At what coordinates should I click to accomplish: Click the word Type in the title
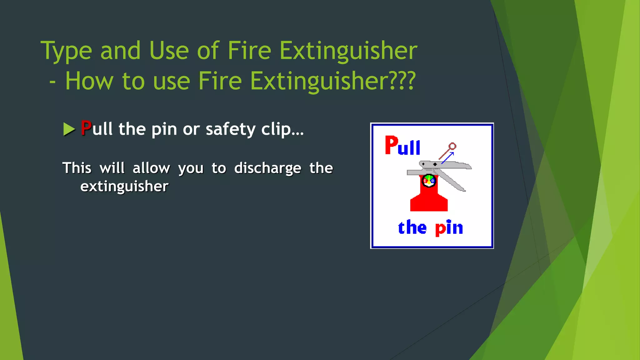(66, 51)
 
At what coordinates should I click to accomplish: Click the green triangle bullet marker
(69, 129)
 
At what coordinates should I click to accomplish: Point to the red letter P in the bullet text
(86, 128)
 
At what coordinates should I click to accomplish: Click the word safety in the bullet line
(231, 129)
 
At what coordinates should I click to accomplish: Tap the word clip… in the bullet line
(282, 129)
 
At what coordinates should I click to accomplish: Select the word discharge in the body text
(268, 168)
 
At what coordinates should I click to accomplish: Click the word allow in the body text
(151, 168)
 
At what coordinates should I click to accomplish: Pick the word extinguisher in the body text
(124, 187)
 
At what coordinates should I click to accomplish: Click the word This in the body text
(77, 168)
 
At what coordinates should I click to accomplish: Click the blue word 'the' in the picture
(412, 227)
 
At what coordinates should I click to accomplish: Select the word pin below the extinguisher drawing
(449, 227)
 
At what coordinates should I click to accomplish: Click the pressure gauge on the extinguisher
(429, 181)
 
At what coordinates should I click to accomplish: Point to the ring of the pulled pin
(452, 146)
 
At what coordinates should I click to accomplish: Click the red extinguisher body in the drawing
(429, 200)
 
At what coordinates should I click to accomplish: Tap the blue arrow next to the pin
(447, 157)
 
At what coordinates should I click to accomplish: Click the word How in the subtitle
(89, 81)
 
